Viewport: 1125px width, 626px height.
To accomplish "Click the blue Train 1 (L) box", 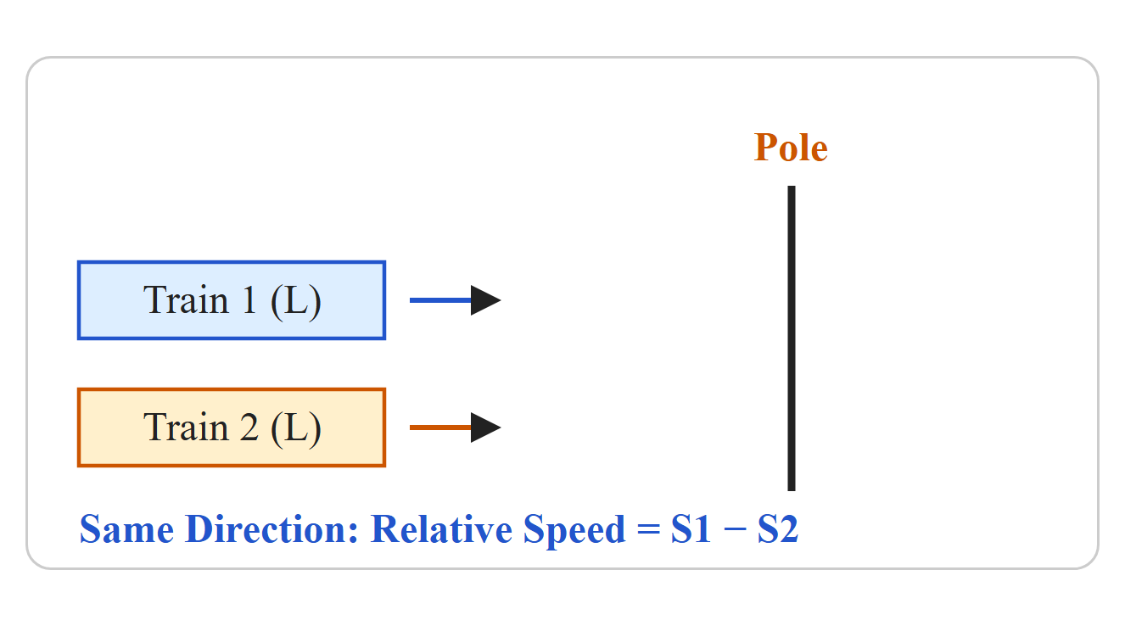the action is click(232, 300).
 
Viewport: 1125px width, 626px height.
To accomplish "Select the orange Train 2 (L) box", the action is click(232, 428).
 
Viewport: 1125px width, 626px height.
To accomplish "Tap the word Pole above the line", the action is click(791, 148).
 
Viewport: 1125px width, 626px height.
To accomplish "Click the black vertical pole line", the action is click(792, 338).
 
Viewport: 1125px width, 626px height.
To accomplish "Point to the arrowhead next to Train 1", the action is click(485, 300).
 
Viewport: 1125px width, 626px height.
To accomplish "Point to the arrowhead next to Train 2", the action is click(485, 428).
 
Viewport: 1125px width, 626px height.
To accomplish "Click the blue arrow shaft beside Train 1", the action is click(440, 300).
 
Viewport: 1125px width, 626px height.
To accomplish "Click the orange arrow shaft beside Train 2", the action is click(440, 428).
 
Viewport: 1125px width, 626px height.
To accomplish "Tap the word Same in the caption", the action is click(127, 529).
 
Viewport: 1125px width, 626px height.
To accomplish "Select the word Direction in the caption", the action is click(271, 529).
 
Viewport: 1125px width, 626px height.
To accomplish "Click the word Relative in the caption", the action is click(441, 529).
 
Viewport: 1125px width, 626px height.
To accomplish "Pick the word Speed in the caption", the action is click(574, 532).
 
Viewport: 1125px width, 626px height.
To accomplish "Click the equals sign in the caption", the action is click(648, 529).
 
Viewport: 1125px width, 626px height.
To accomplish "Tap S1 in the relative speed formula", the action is click(691, 529).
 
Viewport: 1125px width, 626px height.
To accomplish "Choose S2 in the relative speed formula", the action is click(778, 529).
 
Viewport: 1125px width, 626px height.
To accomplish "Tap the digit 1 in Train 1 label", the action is click(249, 300).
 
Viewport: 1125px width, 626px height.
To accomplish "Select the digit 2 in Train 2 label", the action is click(249, 428).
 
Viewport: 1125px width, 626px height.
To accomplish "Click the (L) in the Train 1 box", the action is click(296, 302).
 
